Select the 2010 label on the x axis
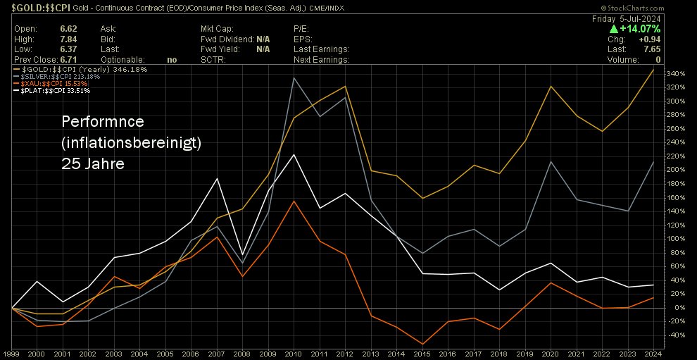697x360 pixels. [x=294, y=353]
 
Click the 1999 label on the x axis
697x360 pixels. [x=12, y=353]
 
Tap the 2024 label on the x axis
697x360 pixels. [x=652, y=353]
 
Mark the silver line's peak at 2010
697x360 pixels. [x=294, y=77]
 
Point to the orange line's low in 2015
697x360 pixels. [x=422, y=345]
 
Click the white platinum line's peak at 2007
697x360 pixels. [x=217, y=179]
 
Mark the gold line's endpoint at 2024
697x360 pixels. [x=653, y=70]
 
